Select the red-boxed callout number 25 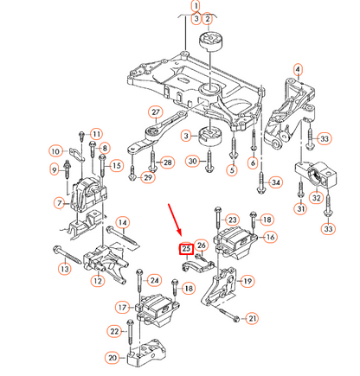(185, 250)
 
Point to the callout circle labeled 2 (206, 18)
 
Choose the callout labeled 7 (59, 203)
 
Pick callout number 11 (96, 133)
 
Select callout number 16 (270, 237)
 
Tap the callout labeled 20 (112, 358)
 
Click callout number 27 (155, 112)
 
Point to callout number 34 (276, 182)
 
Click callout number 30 (191, 160)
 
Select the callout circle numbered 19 (247, 281)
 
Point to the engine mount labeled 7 (86, 198)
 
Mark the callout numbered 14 (122, 224)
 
